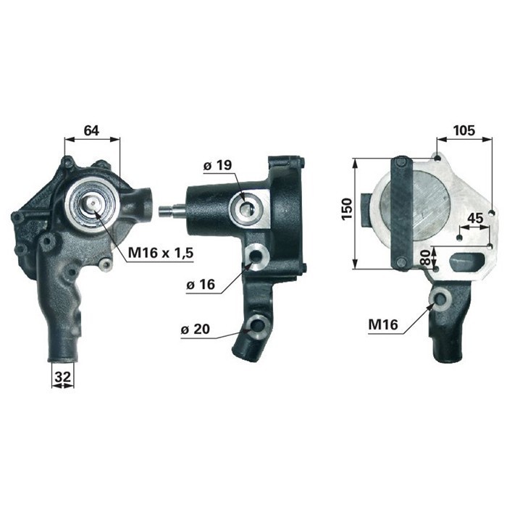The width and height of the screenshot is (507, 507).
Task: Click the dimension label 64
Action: coord(91,131)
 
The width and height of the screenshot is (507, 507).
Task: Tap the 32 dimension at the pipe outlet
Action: coord(62,377)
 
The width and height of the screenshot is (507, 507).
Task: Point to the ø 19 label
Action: coord(217,166)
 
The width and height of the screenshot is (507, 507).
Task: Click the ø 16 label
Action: coord(200,285)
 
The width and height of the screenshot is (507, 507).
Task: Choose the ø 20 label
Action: coord(195,330)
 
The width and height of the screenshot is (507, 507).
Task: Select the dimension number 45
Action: coord(475,219)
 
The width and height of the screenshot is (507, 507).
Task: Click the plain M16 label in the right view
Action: coord(383,325)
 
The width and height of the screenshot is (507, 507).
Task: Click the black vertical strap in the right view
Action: coord(401,213)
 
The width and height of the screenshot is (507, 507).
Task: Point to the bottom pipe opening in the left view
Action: coord(63,354)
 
